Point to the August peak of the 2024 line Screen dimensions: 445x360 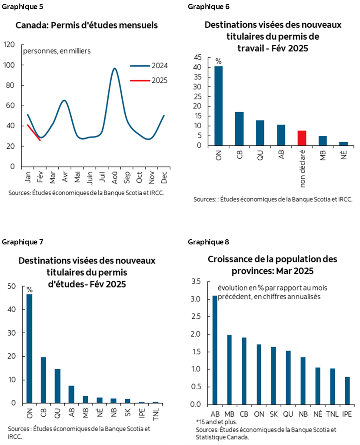114,69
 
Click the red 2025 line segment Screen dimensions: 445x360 33,132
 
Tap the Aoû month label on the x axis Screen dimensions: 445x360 114,178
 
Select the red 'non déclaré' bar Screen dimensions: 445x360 303,138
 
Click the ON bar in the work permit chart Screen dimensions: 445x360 218,106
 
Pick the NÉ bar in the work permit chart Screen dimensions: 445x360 344,144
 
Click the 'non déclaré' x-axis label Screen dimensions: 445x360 303,169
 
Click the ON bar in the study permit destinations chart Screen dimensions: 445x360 30,348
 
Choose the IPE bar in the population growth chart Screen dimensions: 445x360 347,390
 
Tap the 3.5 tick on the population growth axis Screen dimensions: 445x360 196,282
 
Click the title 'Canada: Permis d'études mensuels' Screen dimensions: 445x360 87,25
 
